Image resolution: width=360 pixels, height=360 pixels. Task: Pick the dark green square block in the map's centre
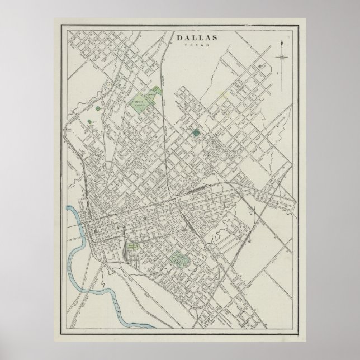pos(196,133)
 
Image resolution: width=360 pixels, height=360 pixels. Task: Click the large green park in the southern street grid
pos(179,258)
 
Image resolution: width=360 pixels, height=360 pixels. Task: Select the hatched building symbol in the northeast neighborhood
pos(261,67)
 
